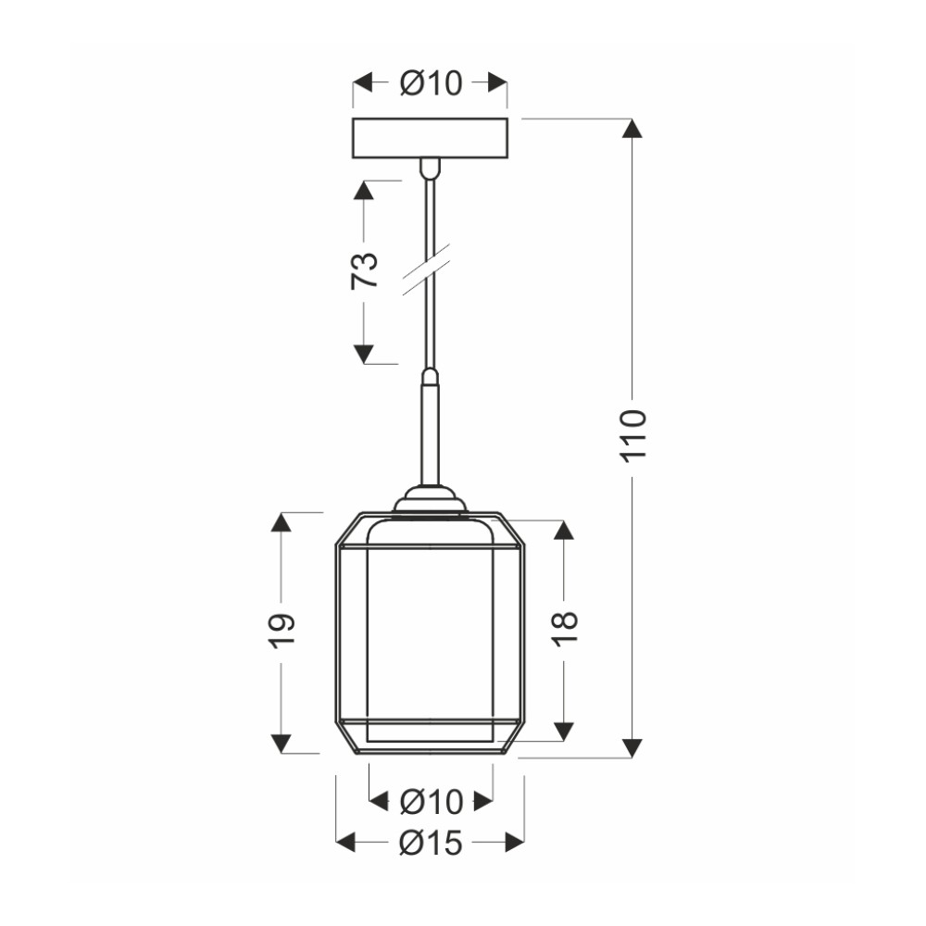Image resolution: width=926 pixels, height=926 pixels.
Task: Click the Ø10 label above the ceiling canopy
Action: (432, 83)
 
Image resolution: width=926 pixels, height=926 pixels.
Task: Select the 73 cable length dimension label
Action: (364, 270)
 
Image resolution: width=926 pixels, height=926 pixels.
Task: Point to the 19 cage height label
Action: (282, 632)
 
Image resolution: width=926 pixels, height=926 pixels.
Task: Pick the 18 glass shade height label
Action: (565, 629)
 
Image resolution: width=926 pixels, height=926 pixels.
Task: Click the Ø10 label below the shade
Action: (432, 801)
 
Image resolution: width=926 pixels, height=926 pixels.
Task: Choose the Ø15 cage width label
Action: (431, 843)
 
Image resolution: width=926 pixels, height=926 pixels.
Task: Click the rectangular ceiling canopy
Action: (430, 138)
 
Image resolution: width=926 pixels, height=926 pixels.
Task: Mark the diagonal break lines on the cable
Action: (426, 269)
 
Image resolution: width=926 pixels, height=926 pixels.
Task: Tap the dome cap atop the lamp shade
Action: (430, 500)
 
